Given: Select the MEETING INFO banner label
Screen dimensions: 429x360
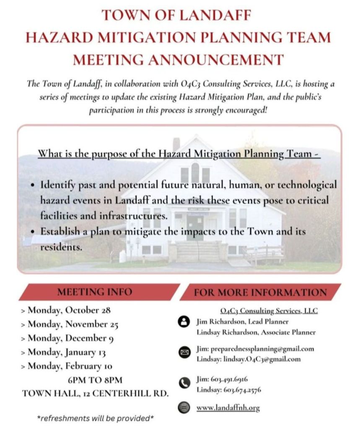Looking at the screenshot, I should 94,292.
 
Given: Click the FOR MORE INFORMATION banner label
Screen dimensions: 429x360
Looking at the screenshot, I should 260,292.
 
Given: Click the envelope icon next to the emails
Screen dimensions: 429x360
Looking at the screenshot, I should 184,353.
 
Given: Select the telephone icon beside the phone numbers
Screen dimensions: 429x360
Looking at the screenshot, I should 184,383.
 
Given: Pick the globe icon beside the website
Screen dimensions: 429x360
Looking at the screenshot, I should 184,407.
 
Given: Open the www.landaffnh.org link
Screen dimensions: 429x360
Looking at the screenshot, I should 228,407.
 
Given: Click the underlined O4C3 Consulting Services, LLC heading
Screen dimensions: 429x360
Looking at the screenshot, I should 269,311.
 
